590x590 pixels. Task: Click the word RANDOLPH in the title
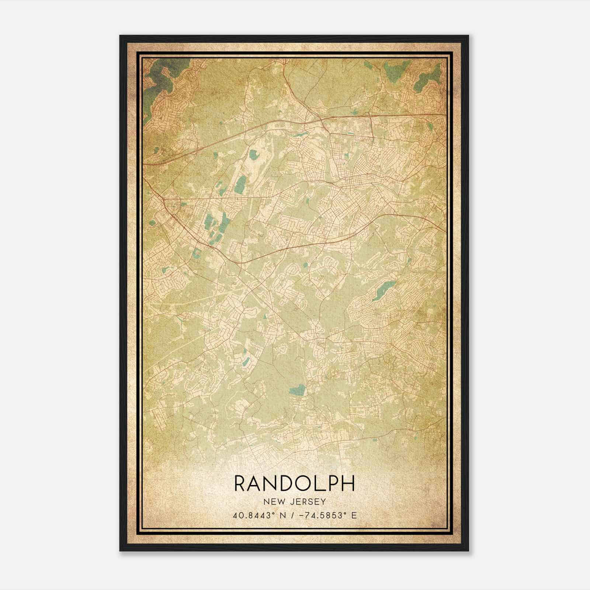pos(294,483)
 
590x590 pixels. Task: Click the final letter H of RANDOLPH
pos(348,483)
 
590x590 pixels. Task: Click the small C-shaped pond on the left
pos(197,253)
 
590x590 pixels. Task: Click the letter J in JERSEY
pos(291,502)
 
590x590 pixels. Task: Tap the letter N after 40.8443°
pos(282,516)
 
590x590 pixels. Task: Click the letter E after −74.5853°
pos(354,516)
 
